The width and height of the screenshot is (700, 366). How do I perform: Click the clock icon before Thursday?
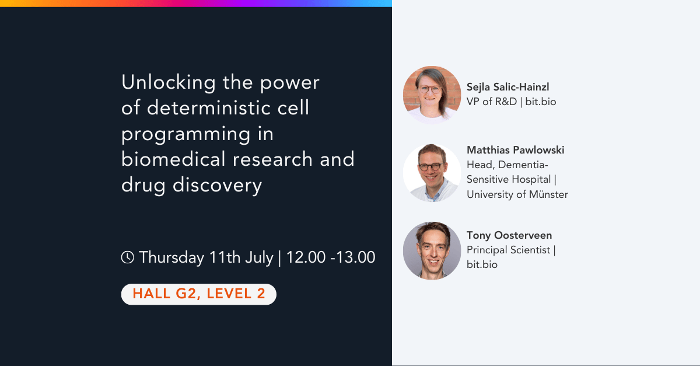(x=127, y=257)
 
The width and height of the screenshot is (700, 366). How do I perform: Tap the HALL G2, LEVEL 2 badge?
(x=198, y=294)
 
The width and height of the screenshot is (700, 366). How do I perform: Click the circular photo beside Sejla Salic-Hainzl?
(x=432, y=95)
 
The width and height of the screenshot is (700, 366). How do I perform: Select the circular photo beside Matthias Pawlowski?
(x=432, y=173)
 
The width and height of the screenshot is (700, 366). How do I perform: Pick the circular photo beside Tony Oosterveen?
(x=432, y=250)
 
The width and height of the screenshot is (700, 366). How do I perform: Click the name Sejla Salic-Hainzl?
(x=508, y=87)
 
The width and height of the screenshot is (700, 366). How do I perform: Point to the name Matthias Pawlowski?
(x=515, y=150)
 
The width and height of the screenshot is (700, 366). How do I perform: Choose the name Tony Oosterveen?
(x=509, y=235)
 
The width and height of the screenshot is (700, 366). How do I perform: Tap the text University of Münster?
(x=517, y=194)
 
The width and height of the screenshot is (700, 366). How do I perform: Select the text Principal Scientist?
(x=508, y=250)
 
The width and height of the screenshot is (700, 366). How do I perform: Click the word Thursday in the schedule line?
(x=171, y=257)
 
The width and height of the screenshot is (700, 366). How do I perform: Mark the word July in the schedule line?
(x=258, y=257)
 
